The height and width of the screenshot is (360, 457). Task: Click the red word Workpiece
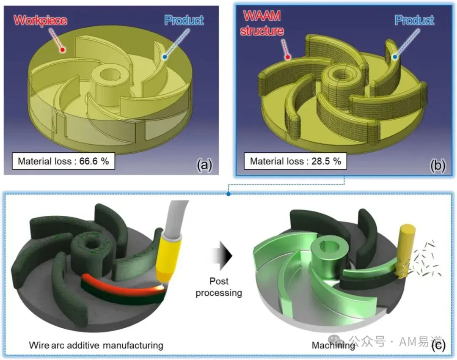point(40,20)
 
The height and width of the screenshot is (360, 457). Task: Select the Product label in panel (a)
point(184,20)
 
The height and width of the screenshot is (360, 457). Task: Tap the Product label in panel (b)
point(414,20)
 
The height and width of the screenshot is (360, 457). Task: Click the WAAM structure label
point(262,23)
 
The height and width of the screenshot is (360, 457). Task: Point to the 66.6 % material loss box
point(63,161)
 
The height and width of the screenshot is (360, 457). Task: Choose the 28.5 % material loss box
point(295,161)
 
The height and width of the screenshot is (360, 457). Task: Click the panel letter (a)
point(204,165)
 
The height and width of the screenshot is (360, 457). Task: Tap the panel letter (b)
point(438,165)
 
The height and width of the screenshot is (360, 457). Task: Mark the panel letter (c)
point(438,345)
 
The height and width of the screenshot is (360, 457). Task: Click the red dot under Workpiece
point(62,50)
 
